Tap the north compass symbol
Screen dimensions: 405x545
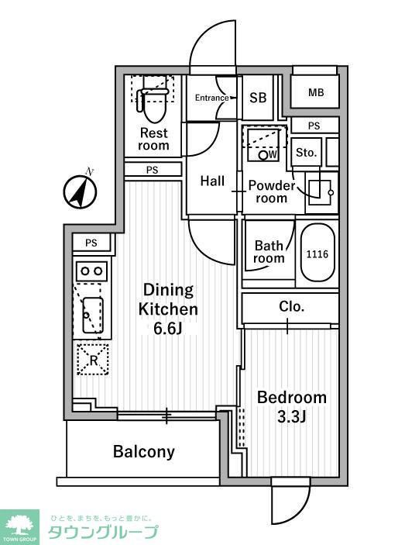(x=81, y=191)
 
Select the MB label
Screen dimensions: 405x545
(x=316, y=92)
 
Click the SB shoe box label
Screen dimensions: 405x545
(x=258, y=98)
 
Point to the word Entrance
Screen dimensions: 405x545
(x=211, y=98)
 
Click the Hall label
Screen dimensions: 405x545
(x=212, y=181)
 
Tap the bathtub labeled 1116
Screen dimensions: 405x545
(x=317, y=254)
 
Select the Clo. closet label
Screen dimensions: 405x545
(x=291, y=306)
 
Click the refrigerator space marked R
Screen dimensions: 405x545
(x=93, y=360)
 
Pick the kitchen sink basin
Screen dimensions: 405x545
(x=93, y=315)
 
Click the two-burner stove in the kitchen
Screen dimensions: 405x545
(x=92, y=271)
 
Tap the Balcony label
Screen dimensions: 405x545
(x=144, y=452)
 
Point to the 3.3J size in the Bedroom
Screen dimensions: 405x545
(x=291, y=417)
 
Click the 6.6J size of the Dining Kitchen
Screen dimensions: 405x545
(x=168, y=329)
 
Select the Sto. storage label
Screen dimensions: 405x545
(x=307, y=153)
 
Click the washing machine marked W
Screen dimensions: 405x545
(x=264, y=145)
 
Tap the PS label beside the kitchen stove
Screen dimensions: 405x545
(x=91, y=243)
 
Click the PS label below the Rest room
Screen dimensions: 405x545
(x=152, y=170)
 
